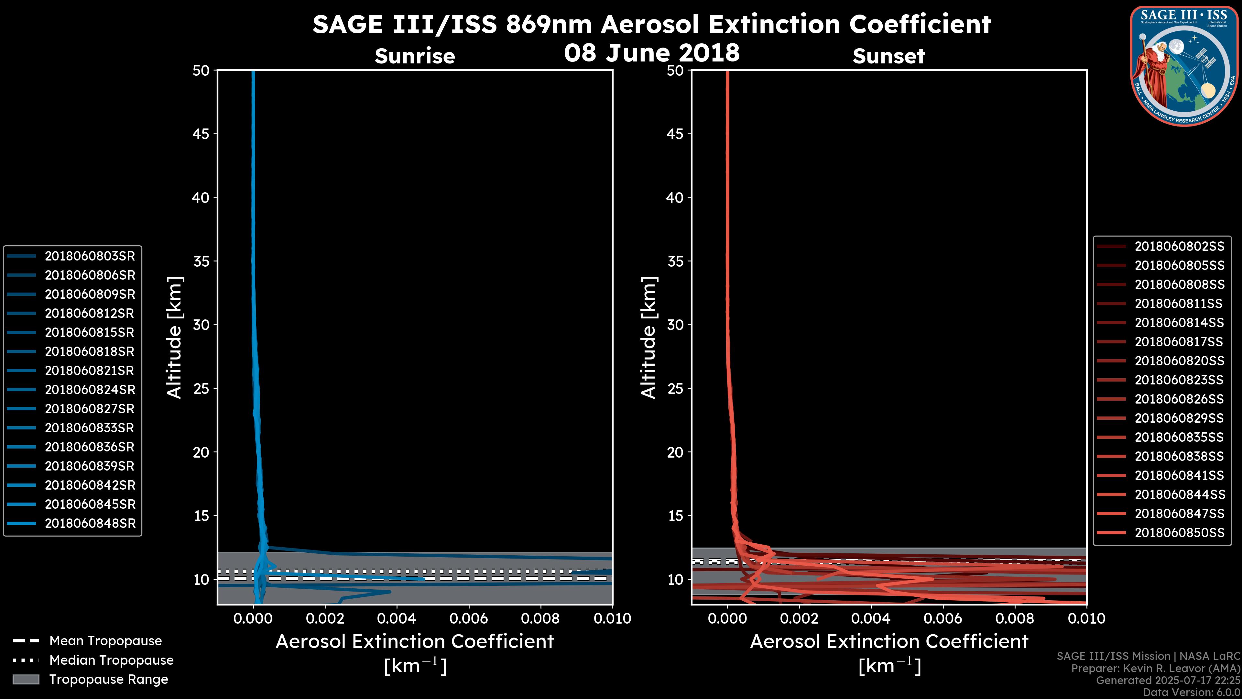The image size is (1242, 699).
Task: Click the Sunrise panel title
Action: pyautogui.click(x=415, y=56)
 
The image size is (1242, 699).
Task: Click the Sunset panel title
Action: pyautogui.click(x=888, y=56)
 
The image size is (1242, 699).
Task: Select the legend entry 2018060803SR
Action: pyautogui.click(x=90, y=256)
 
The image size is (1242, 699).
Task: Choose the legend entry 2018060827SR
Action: pyautogui.click(x=90, y=409)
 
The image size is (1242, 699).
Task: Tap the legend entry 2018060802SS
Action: pyautogui.click(x=1179, y=247)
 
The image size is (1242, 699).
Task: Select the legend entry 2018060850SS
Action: pyautogui.click(x=1179, y=533)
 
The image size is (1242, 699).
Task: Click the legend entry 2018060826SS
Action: pyautogui.click(x=1179, y=399)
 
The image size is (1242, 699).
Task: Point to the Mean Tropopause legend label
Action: pyautogui.click(x=105, y=641)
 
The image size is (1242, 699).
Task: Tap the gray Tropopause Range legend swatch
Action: pyautogui.click(x=26, y=679)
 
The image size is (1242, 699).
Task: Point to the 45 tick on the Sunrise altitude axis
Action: pyautogui.click(x=201, y=134)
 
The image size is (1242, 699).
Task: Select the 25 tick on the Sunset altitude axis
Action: pyautogui.click(x=675, y=388)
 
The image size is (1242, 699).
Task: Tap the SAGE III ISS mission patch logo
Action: pyautogui.click(x=1184, y=66)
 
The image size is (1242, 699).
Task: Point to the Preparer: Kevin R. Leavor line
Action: pyautogui.click(x=1155, y=669)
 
